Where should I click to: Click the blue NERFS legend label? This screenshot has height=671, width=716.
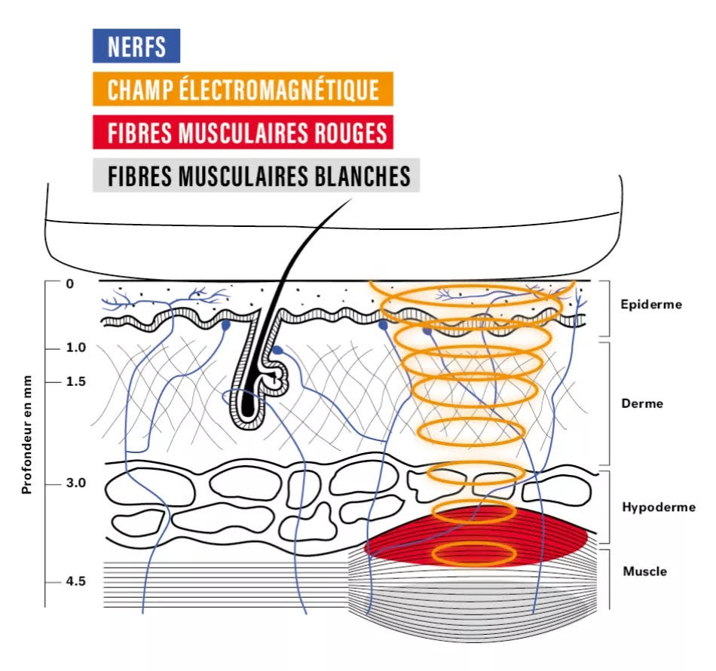[136, 47]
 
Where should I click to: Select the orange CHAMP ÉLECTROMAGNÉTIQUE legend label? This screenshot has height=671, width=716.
[242, 90]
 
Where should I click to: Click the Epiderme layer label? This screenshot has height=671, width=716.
[651, 305]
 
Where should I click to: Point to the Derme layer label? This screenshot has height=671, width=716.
[642, 403]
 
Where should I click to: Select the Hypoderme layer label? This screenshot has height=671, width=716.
[658, 507]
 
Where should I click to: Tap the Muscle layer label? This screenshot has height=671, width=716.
[644, 571]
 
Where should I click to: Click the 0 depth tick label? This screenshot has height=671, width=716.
[70, 283]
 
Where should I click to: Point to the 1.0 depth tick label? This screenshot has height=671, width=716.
[76, 348]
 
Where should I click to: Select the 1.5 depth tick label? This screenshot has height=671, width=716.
[76, 381]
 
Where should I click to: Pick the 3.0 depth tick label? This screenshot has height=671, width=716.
[76, 483]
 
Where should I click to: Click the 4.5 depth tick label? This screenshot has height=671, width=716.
[76, 582]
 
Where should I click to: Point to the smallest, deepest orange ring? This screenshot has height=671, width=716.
[474, 554]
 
